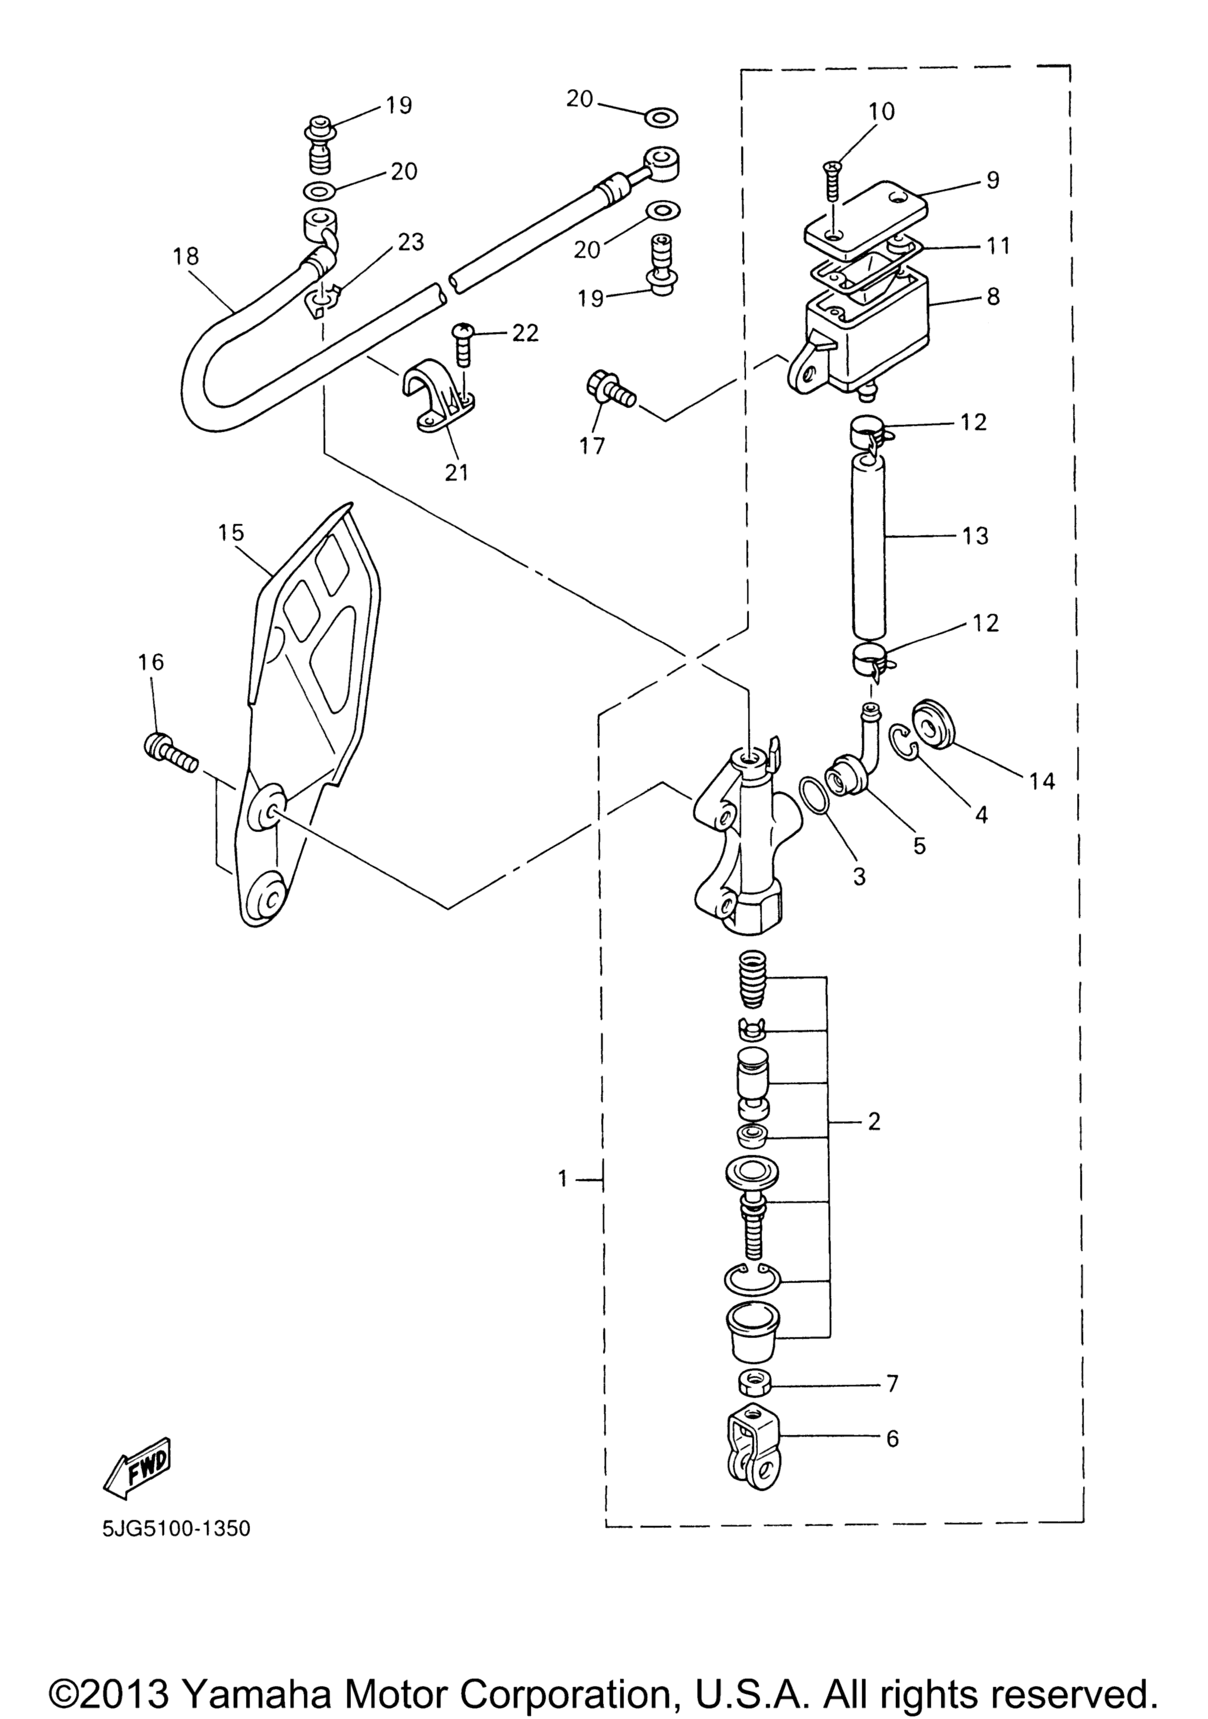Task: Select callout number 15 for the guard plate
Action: pos(231,533)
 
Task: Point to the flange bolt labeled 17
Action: pos(610,389)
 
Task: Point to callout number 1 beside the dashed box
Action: pos(563,1179)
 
